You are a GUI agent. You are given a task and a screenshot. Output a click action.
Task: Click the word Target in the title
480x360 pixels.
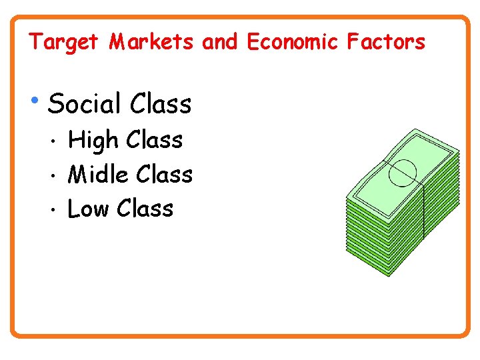(x=63, y=43)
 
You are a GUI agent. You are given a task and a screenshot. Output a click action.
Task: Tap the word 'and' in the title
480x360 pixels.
(x=219, y=43)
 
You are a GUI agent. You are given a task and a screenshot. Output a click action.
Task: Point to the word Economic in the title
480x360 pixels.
(x=292, y=43)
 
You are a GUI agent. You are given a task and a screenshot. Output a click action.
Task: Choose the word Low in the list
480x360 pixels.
(x=88, y=209)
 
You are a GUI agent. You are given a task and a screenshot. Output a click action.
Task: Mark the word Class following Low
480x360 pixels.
(x=145, y=209)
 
